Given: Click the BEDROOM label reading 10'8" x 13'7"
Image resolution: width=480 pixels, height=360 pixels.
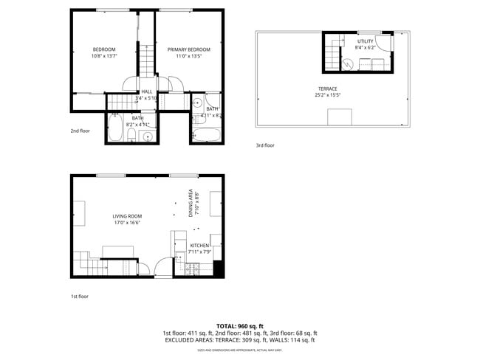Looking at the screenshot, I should click(x=104, y=52).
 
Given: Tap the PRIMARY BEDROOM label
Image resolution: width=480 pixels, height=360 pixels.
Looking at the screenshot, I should click(x=193, y=52).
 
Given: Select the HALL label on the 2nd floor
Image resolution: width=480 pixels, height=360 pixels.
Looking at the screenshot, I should click(x=147, y=94).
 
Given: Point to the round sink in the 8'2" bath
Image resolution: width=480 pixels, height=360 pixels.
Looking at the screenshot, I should click(x=148, y=136).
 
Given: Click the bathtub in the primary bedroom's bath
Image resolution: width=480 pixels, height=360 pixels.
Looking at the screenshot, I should click(x=205, y=135).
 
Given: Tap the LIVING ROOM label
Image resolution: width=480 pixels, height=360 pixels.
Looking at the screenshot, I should click(x=127, y=218).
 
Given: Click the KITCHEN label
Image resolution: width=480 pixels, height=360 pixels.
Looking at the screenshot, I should click(x=200, y=249).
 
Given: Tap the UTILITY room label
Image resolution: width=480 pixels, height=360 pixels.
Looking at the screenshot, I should click(x=365, y=44).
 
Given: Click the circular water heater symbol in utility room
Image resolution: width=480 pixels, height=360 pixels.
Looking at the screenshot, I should click(x=348, y=64).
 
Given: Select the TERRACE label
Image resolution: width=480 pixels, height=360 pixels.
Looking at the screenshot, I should click(x=326, y=91).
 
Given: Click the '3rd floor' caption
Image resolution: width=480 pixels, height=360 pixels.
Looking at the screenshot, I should click(x=265, y=145).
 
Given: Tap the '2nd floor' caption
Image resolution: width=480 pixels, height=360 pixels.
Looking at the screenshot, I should click(x=80, y=131).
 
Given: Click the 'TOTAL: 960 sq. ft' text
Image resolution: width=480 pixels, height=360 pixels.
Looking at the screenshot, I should click(x=240, y=325).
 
